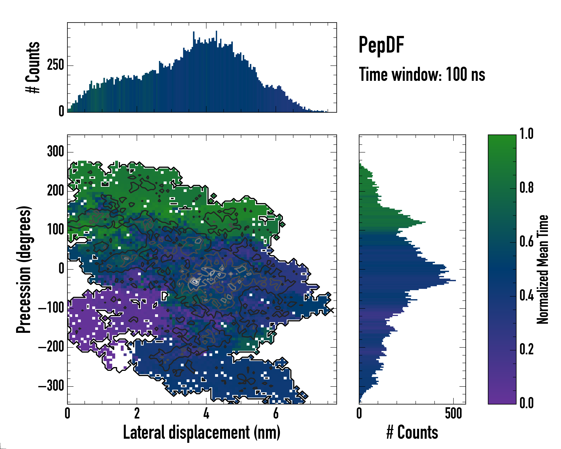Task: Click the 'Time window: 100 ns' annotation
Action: [x=422, y=74]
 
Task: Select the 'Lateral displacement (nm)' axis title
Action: [x=202, y=433]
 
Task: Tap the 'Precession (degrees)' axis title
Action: [x=24, y=269]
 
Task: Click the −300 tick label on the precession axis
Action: [x=51, y=386]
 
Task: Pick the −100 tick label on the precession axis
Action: [x=51, y=308]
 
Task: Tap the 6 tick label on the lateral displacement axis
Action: [x=276, y=413]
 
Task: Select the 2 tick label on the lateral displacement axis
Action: [x=137, y=413]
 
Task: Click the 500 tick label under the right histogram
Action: [x=453, y=413]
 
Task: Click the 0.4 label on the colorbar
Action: [x=526, y=296]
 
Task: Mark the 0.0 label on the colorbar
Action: [x=526, y=403]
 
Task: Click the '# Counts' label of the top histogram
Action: [x=33, y=67]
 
